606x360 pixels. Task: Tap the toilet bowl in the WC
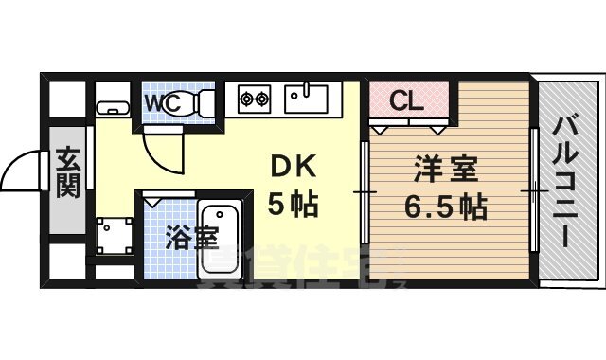point(201,102)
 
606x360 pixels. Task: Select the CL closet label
point(407,99)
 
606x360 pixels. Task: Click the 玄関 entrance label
point(66,171)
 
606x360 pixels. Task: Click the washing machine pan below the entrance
point(114,233)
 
